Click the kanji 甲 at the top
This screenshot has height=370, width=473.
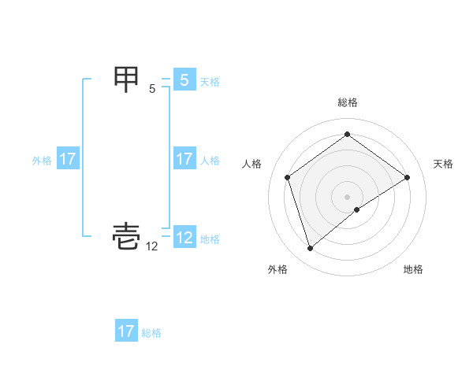coord(128,80)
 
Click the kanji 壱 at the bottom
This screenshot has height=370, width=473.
coord(128,238)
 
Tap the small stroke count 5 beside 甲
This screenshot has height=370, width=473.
coord(152,89)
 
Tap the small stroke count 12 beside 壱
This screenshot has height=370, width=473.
coord(152,246)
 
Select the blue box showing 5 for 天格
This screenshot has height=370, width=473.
coord(184,80)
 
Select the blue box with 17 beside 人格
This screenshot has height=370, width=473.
coord(184,159)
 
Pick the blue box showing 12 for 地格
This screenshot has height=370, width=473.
coord(184,238)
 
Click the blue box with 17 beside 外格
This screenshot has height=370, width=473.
coord(68,159)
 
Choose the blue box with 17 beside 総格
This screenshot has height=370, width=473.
coord(126,331)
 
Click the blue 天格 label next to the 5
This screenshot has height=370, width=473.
coord(210,82)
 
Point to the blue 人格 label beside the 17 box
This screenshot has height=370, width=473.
coord(210,161)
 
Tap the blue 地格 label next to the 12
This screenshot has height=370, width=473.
coord(210,239)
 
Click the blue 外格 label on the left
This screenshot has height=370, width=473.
coord(42,161)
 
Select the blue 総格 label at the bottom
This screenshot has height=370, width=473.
coord(151,333)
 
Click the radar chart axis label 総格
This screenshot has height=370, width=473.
coord(348,103)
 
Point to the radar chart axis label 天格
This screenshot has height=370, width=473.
coord(444,164)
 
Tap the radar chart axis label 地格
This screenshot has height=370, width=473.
coord(413,270)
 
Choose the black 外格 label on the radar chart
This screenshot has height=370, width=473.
coord(277,270)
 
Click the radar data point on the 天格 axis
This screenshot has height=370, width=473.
coord(407,177)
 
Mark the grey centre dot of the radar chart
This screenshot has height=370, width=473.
coord(347,196)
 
